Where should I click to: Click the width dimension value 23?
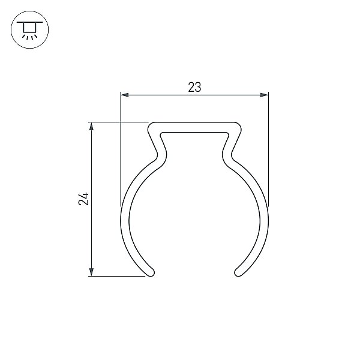click(194, 87)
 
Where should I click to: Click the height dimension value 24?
click(83, 199)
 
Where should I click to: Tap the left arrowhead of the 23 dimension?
click(125, 95)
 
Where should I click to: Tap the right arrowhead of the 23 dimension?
click(264, 95)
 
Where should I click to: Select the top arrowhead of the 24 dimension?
click(91, 126)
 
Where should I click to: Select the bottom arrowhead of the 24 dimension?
click(91, 272)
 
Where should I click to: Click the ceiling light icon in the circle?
click(29, 29)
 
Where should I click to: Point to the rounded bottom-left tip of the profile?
click(151, 272)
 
